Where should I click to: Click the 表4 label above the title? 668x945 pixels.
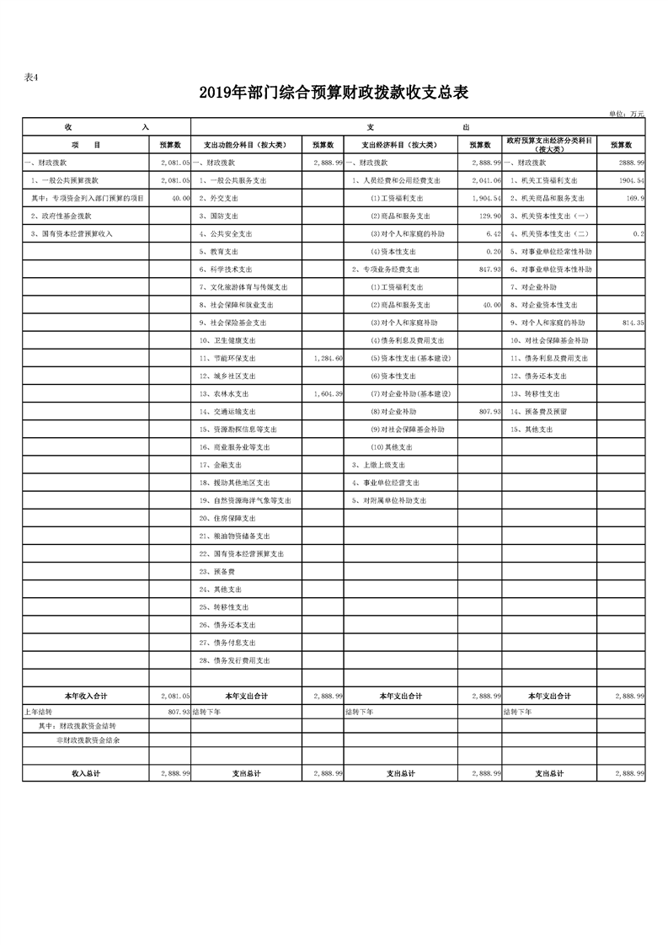click(31, 77)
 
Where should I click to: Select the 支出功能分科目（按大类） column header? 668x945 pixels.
click(246, 145)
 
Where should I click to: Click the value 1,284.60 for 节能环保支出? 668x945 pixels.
click(327, 358)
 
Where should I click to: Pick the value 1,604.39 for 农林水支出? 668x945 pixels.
click(327, 393)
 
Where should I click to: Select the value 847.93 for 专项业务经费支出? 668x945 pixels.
click(489, 270)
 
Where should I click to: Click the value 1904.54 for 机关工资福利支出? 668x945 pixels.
click(629, 180)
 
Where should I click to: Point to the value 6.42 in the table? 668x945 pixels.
click(494, 233)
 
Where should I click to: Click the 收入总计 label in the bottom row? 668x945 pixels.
click(86, 773)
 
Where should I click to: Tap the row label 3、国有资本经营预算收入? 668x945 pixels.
click(72, 233)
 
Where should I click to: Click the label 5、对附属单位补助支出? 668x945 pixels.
click(389, 500)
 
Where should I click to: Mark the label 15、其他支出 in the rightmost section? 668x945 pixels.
click(532, 430)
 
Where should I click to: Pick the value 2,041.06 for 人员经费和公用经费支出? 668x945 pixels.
click(487, 180)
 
